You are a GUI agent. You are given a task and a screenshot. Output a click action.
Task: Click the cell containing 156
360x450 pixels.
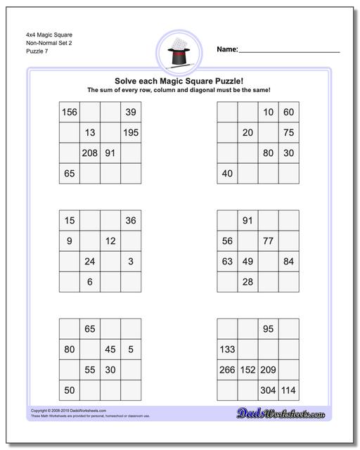70,112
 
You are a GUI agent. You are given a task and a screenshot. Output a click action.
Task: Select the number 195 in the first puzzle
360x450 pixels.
131,133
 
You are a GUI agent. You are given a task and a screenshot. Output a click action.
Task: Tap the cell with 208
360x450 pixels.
90,153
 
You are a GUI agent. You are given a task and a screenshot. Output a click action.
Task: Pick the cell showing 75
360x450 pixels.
288,133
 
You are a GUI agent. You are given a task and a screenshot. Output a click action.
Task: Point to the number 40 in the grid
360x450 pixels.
227,174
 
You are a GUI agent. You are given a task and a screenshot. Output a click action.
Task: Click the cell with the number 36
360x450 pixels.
131,221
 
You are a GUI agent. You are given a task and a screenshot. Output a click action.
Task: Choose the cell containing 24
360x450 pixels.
90,262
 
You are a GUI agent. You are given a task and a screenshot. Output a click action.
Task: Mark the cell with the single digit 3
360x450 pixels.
131,262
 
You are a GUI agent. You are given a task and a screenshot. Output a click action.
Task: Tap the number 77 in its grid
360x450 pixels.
268,241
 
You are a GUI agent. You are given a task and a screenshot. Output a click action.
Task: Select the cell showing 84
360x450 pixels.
288,262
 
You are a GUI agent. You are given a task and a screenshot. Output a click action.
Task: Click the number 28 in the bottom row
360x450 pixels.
247,282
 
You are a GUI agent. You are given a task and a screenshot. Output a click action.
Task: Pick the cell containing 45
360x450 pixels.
110,349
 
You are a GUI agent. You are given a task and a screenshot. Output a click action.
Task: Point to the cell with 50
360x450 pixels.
70,390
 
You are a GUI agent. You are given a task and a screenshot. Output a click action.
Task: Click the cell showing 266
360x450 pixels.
227,370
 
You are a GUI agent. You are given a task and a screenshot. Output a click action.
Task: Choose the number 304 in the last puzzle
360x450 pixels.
268,390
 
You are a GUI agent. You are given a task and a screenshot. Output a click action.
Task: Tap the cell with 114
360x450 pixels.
288,390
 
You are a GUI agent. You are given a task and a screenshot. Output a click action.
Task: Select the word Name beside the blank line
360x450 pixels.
226,49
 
